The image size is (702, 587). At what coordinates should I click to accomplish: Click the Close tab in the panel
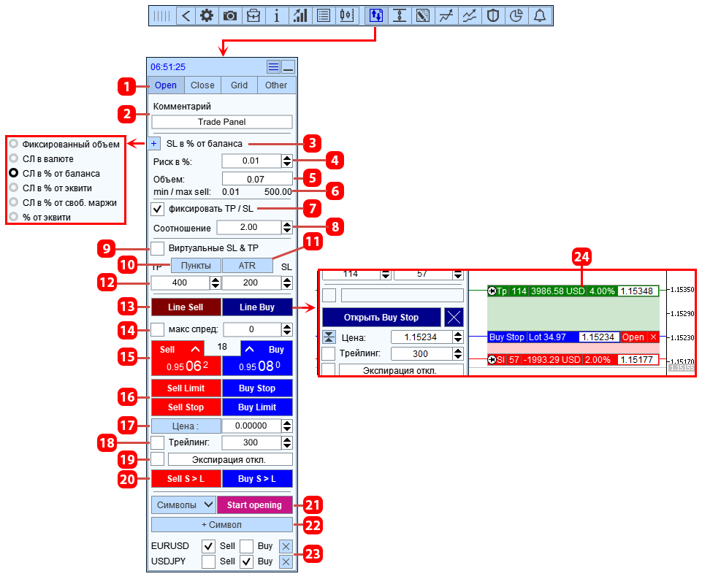[x=202, y=85]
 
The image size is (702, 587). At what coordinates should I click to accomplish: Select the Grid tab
[x=239, y=85]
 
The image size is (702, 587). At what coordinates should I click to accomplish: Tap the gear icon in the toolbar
[x=207, y=15]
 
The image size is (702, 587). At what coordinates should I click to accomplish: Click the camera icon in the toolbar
[x=230, y=15]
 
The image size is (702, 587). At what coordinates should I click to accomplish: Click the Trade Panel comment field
[x=222, y=122]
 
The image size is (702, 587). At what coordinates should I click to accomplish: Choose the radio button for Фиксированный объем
[x=14, y=144]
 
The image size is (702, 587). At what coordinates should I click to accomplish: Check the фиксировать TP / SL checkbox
[x=157, y=209]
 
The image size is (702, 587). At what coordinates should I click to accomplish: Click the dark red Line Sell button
[x=186, y=307]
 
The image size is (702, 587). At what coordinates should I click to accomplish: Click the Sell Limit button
[x=186, y=388]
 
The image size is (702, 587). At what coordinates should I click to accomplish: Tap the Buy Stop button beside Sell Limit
[x=257, y=388]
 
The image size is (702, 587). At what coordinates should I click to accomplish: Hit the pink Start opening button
[x=254, y=504]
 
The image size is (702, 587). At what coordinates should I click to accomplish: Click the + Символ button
[x=222, y=524]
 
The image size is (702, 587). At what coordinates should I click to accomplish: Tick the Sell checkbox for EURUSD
[x=208, y=546]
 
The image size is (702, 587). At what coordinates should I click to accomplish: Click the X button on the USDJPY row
[x=286, y=561]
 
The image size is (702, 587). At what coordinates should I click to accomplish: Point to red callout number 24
[x=581, y=257]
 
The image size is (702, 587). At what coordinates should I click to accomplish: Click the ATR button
[x=247, y=265]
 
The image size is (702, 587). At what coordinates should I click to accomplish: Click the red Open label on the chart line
[x=633, y=337]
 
